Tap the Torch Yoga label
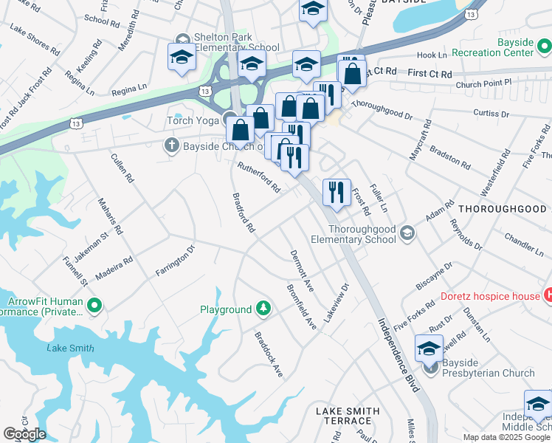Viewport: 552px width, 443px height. [x=195, y=120]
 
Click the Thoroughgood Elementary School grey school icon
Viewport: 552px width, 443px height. [x=405, y=234]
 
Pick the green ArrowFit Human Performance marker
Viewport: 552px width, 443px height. [x=94, y=305]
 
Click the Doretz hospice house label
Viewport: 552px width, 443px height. [x=490, y=296]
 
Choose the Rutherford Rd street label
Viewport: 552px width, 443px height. [x=258, y=178]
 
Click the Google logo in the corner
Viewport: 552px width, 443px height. [x=24, y=434]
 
